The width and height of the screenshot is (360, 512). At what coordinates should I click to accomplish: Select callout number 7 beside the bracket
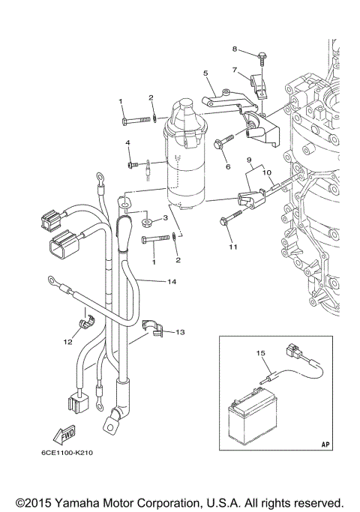pyautogui.click(x=233, y=70)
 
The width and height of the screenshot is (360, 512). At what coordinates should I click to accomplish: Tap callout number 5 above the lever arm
pyautogui.click(x=205, y=73)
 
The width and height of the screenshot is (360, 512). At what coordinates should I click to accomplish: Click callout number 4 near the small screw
pyautogui.click(x=127, y=142)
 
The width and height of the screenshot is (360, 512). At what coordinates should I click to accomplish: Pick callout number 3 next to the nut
pyautogui.click(x=166, y=218)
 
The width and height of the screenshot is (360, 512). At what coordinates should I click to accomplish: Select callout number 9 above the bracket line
pyautogui.click(x=248, y=160)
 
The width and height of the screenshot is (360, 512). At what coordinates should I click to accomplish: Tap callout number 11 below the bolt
pyautogui.click(x=232, y=247)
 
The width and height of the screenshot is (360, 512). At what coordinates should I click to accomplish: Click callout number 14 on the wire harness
pyautogui.click(x=172, y=283)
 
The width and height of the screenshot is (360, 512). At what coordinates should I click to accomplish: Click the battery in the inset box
pyautogui.click(x=251, y=416)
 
